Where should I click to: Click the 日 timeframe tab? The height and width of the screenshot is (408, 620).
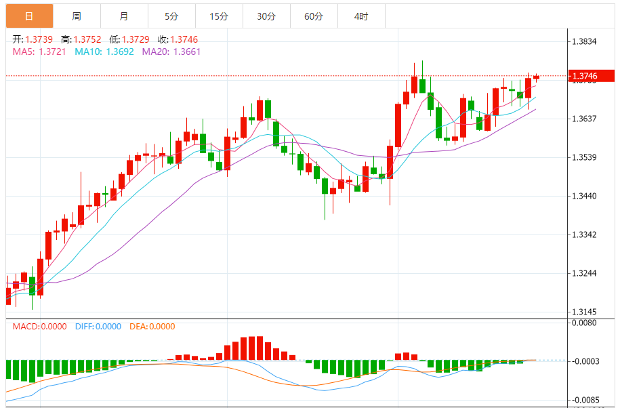coord(28,16)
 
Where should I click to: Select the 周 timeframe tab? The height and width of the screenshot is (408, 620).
coord(77,16)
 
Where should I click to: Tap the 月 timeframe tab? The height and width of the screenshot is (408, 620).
coord(123,16)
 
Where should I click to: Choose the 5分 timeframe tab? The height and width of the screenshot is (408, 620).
coord(171,16)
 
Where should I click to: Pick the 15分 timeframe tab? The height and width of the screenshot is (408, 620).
coord(219,16)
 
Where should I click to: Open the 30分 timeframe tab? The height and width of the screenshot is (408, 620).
coord(266,16)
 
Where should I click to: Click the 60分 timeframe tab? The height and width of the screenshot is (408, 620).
coord(314,16)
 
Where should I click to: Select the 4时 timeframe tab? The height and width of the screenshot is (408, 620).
coord(361,16)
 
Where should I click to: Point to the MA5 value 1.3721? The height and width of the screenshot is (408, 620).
coord(51,52)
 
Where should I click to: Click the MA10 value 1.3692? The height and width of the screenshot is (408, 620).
coord(119,52)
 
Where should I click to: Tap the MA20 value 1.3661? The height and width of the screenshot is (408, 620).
coord(187,52)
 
